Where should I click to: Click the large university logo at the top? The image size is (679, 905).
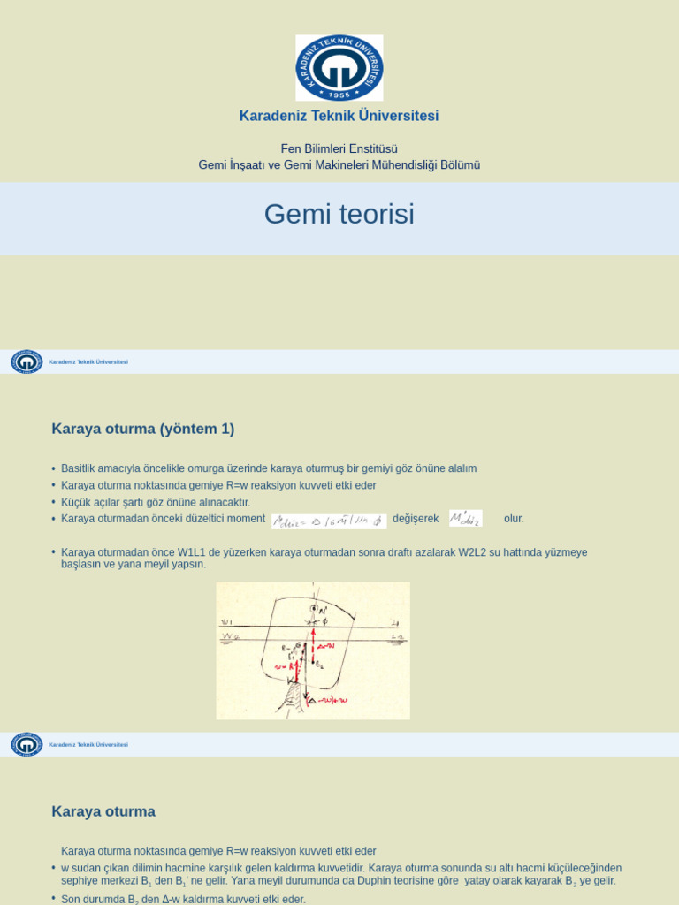339,68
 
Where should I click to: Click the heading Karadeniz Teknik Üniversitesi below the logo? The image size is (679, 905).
339,116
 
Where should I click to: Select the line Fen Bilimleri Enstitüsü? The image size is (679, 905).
339,148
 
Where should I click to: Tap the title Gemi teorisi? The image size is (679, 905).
339,215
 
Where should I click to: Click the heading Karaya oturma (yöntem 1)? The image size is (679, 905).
143,430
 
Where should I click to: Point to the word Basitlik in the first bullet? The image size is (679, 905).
80,468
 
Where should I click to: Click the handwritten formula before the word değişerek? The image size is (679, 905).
329,521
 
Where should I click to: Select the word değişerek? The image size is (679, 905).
416,519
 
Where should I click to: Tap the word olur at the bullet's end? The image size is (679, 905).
513,519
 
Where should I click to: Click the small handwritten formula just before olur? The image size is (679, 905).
466,519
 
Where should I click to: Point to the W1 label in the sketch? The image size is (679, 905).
226,622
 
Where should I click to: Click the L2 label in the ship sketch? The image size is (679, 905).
397,637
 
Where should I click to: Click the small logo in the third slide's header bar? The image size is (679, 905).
27,744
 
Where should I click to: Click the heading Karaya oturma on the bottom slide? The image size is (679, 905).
103,811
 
